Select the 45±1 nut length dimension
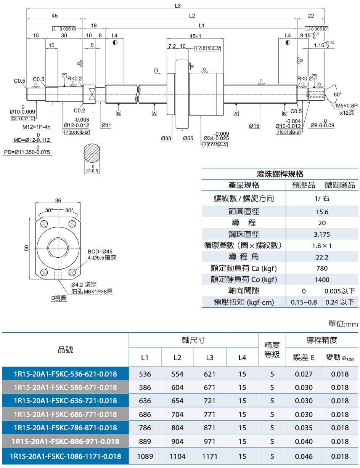tap(195, 36)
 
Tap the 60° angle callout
tap(338, 94)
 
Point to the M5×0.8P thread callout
tap(347, 105)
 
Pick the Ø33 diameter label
tap(166, 138)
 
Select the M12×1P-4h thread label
tap(36, 127)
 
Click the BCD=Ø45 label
tap(100, 252)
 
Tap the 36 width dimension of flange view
tap(58, 200)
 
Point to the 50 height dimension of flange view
tap(27, 248)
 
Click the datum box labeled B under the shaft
tap(119, 114)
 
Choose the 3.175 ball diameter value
tap(322, 234)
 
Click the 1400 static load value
tap(322, 280)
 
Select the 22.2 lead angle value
tap(322, 257)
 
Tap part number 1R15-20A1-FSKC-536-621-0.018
tap(65, 374)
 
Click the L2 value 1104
tap(177, 456)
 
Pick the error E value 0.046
tap(304, 456)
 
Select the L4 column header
tap(242, 357)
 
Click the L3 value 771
tap(210, 414)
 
